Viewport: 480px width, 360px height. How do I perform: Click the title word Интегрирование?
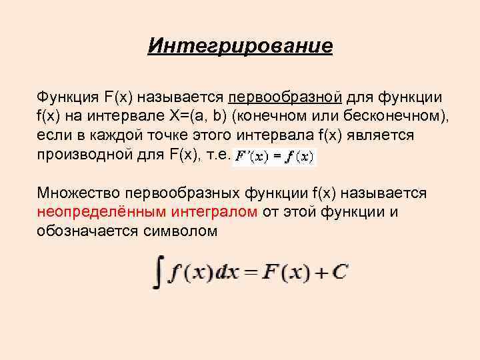coord(240,46)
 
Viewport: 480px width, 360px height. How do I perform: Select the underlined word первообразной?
coord(285,97)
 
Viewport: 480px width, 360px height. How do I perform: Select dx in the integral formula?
coord(233,272)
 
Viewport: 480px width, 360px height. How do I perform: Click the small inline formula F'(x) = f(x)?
coord(274,157)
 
